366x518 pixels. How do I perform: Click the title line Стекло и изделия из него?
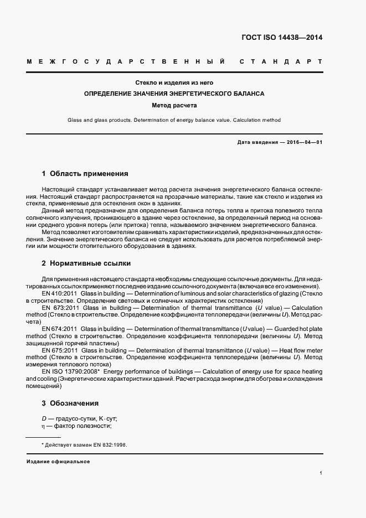(x=174, y=82)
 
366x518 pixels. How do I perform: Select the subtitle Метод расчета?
(x=174, y=105)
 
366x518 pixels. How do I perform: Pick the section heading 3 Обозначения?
(x=70, y=403)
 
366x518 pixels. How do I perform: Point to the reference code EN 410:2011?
(x=60, y=293)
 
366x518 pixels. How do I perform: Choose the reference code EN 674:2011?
(x=60, y=329)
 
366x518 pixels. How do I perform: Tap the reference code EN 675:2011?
(x=60, y=350)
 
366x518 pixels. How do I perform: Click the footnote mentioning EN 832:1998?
(x=84, y=444)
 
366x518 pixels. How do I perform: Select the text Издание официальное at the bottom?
(x=58, y=462)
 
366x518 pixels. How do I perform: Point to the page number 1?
(x=321, y=473)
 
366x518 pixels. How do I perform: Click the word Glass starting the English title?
(x=75, y=120)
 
